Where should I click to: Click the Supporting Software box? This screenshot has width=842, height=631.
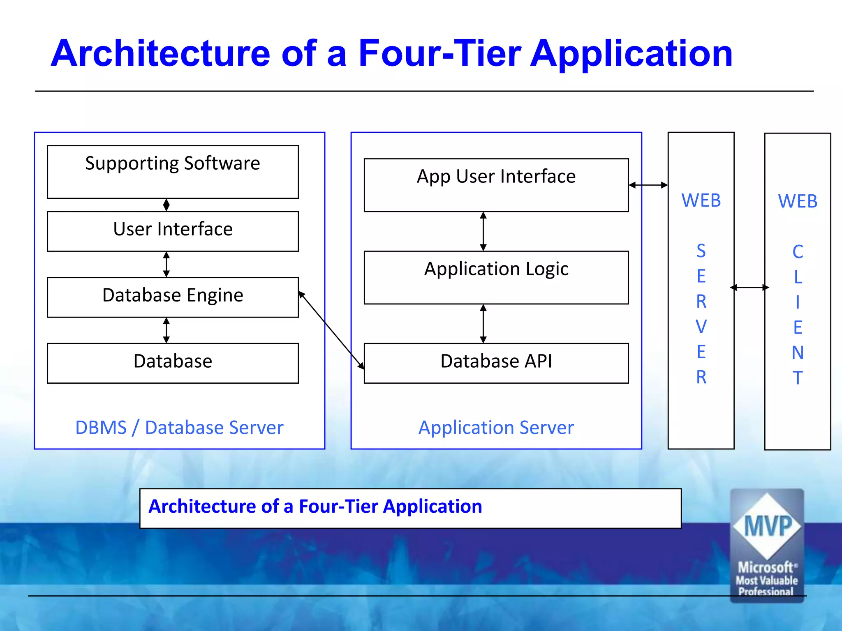tap(173, 172)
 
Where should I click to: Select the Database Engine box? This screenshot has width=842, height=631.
tap(173, 297)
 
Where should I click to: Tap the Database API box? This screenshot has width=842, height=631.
tap(496, 362)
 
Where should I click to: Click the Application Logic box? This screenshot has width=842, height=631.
tap(496, 277)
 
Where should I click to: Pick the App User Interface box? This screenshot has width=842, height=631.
tap(496, 184)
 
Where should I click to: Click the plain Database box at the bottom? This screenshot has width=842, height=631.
tap(173, 362)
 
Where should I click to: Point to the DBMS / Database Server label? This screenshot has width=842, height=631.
tap(179, 428)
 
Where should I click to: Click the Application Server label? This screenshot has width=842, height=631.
tap(496, 428)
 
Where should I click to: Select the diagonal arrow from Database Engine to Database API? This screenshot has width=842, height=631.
tap(331, 330)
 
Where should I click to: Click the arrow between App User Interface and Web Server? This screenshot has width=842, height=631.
tap(648, 185)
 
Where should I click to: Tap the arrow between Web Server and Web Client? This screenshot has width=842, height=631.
tap(749, 288)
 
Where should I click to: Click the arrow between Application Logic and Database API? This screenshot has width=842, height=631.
tap(483, 324)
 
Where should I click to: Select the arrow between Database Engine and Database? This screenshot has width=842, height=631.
tap(166, 330)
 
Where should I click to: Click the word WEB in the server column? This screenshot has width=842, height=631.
tap(701, 200)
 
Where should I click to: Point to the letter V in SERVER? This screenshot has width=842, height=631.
tap(701, 327)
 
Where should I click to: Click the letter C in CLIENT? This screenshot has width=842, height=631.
tap(798, 252)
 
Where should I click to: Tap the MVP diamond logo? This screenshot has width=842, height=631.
tap(767, 526)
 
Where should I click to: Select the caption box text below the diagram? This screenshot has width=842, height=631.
tap(315, 507)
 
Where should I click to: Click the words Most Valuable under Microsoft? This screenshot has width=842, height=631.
tap(767, 580)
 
